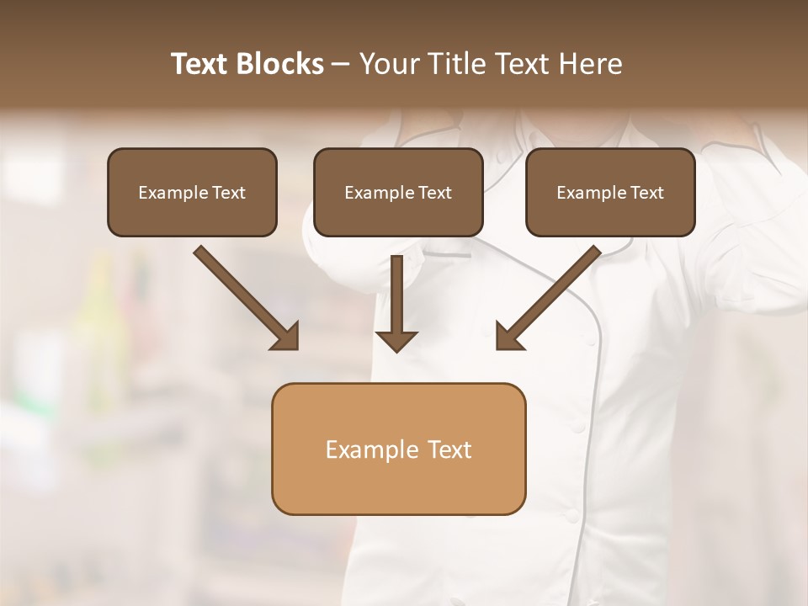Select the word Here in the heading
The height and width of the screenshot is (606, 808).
point(589,64)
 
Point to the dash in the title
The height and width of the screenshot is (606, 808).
point(341,65)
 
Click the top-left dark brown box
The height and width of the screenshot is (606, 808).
point(192,214)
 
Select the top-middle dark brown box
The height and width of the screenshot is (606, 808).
point(398,214)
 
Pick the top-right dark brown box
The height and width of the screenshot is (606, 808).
point(610,214)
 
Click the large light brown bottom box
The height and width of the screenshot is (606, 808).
point(398,484)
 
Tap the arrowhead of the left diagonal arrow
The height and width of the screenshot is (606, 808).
point(287,337)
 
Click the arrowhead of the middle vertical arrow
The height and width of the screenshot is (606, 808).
point(396,341)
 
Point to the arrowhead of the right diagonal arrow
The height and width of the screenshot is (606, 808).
point(508,337)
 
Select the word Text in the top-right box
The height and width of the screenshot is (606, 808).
point(647,193)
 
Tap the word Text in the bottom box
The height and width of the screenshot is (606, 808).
point(449,449)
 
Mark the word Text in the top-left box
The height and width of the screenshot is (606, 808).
point(229,193)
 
